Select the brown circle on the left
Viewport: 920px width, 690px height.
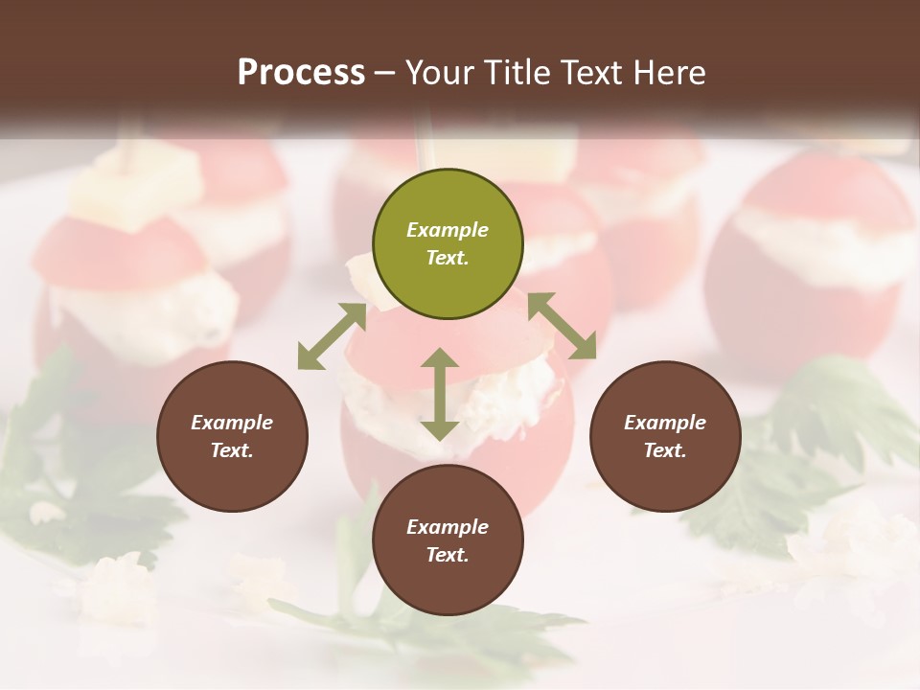pyautogui.click(x=232, y=436)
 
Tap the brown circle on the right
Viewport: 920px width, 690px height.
pyautogui.click(x=665, y=436)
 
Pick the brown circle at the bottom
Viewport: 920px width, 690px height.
pyautogui.click(x=448, y=540)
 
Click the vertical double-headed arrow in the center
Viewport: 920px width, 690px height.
pyautogui.click(x=440, y=394)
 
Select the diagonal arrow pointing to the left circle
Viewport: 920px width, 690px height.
pyautogui.click(x=332, y=336)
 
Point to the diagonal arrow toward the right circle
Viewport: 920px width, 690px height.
pyautogui.click(x=562, y=326)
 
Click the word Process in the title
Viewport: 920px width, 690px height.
pyautogui.click(x=301, y=73)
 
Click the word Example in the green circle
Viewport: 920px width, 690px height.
pyautogui.click(x=448, y=230)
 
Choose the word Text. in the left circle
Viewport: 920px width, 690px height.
pyautogui.click(x=232, y=450)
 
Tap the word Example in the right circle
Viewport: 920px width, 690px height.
pyautogui.click(x=665, y=423)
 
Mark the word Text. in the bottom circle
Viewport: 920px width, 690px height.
pyautogui.click(x=448, y=555)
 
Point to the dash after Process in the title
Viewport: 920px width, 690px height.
pyautogui.click(x=385, y=74)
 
